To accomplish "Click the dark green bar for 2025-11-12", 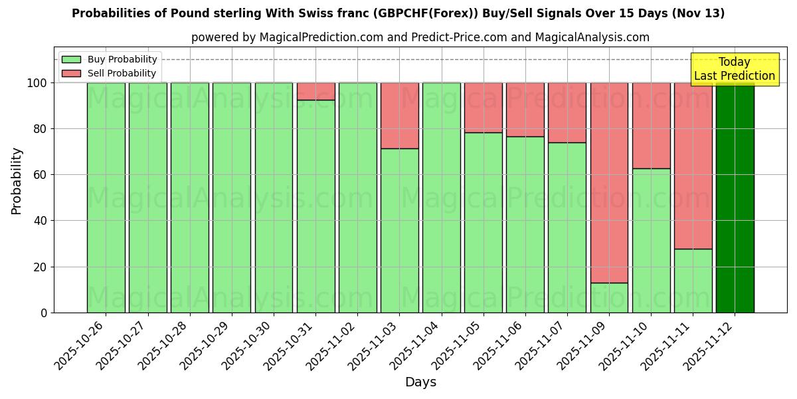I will tap(735, 198).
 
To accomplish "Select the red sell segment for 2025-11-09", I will tap(609, 183).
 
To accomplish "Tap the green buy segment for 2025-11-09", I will tap(609, 298).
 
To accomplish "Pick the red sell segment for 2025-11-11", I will tap(693, 166).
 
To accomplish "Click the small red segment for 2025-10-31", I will tap(315, 91).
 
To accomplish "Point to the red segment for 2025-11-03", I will tap(399, 116).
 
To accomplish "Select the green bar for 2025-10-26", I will tap(106, 198).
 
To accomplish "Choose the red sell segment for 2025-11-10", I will tap(651, 126).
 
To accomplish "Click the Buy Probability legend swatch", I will tap(71, 60).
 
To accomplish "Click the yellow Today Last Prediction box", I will tap(734, 69).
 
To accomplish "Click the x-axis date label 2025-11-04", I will tap(414, 345).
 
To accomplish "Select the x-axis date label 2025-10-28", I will tap(163, 345).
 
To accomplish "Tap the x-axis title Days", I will tap(420, 382).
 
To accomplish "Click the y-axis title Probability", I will tap(17, 180).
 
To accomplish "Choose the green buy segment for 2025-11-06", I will tap(525, 224).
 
